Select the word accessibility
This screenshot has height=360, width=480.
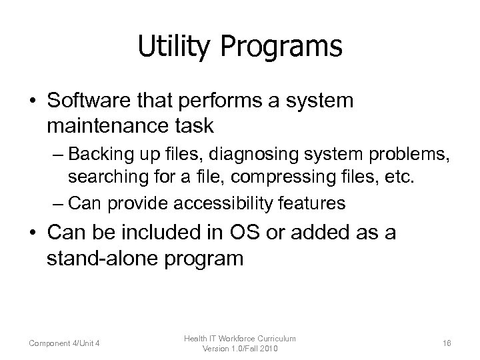point(231,203)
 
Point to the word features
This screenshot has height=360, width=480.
point(317,203)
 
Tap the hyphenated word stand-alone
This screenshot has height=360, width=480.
point(102,257)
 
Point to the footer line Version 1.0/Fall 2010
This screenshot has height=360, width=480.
point(240,349)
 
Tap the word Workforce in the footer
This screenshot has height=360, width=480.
point(240,339)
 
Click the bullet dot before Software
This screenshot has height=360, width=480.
point(31,101)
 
